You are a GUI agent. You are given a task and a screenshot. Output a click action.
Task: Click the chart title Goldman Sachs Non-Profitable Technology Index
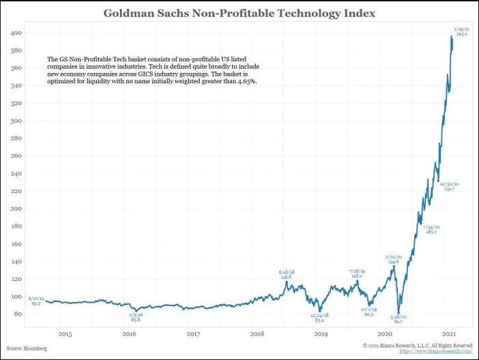pyautogui.click(x=239, y=14)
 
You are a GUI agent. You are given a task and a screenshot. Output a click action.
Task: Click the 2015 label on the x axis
pyautogui.click(x=65, y=333)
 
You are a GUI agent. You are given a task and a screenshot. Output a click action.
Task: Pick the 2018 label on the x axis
pyautogui.click(x=257, y=333)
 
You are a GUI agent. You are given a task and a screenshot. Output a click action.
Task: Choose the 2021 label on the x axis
pyautogui.click(x=450, y=333)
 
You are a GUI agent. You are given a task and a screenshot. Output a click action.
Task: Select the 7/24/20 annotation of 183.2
pyautogui.click(x=431, y=230)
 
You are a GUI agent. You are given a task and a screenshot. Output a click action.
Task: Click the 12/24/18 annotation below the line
pyautogui.click(x=319, y=318)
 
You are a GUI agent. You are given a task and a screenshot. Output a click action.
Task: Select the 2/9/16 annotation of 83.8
pyautogui.click(x=136, y=317)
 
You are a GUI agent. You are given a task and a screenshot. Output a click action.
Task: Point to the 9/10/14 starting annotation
pyautogui.click(x=35, y=301)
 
